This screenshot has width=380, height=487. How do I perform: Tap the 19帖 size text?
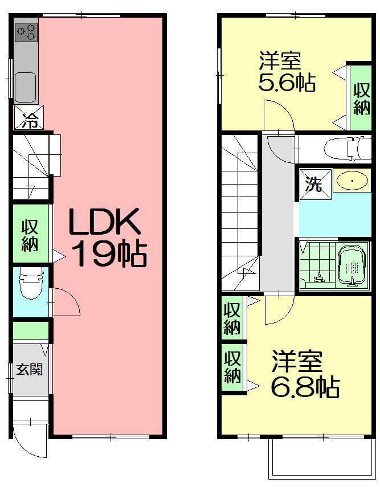[108, 255]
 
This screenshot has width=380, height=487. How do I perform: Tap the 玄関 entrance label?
[29, 370]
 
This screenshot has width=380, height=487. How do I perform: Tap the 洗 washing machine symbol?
[313, 185]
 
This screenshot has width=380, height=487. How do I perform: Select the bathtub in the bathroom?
[353, 266]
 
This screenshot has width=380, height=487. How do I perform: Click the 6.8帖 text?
[305, 387]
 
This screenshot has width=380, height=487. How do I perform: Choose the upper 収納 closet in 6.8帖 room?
[231, 320]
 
